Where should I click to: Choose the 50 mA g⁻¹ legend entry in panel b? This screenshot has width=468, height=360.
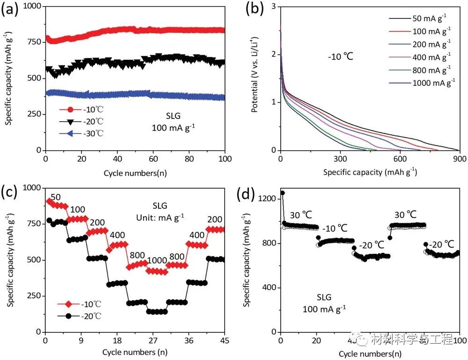tap(429, 19)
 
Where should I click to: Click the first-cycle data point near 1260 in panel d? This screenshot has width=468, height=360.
tap(282, 193)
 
